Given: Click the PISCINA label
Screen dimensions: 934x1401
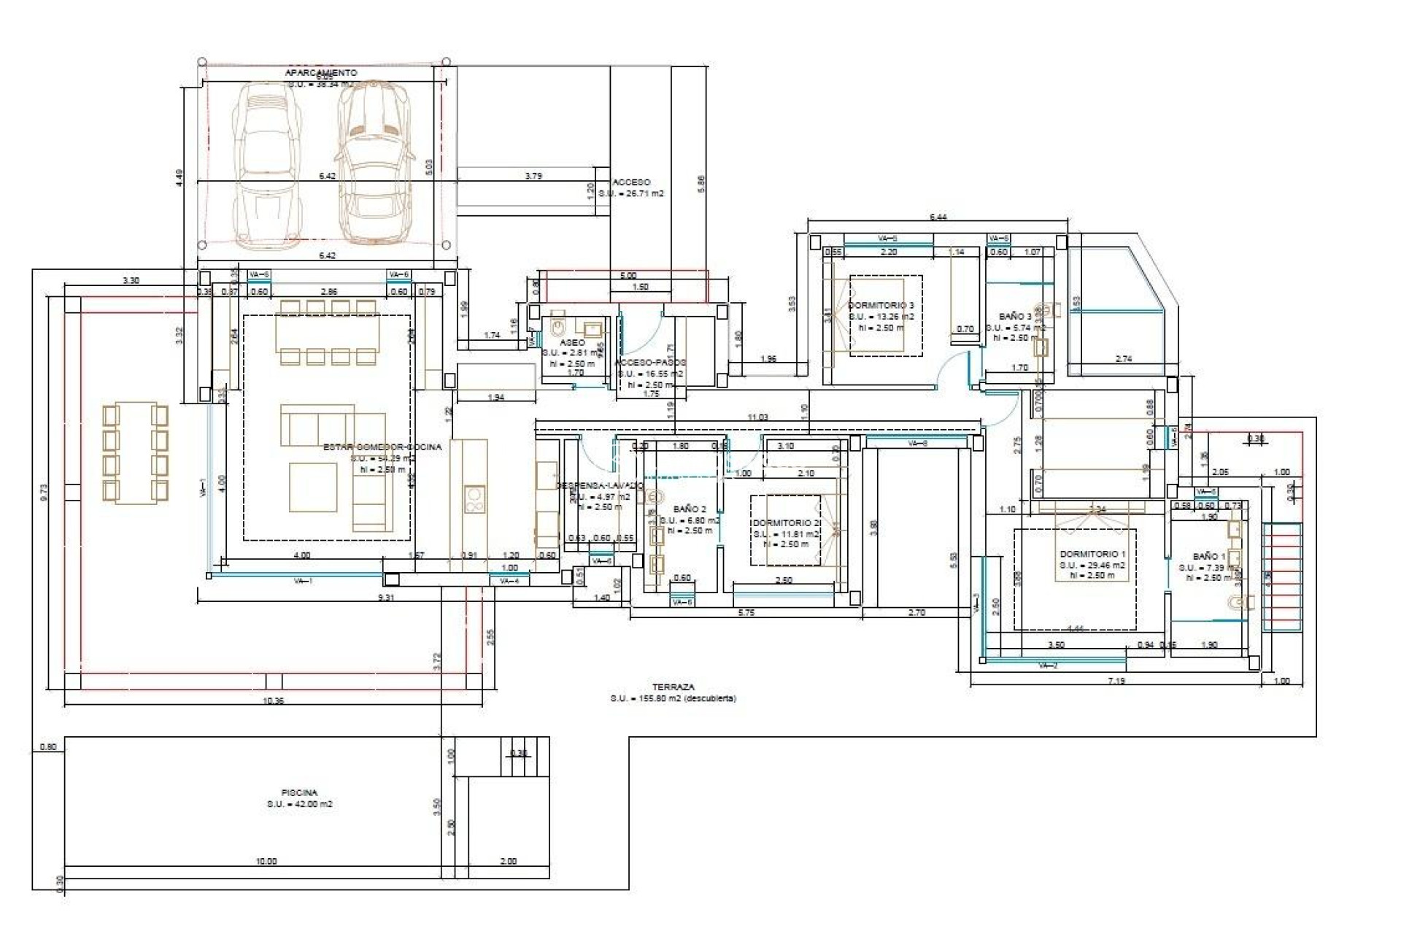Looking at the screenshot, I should [x=299, y=792].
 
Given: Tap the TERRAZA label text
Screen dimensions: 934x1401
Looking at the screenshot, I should [x=673, y=687].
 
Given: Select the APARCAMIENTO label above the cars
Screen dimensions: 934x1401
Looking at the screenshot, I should [x=321, y=73].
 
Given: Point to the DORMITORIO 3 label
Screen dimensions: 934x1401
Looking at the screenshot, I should [x=881, y=305].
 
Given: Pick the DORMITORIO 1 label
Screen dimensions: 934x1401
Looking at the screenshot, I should [x=1092, y=554].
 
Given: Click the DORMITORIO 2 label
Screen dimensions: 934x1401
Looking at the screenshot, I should [x=787, y=522].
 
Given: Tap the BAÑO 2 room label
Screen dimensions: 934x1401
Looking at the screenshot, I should [x=690, y=509].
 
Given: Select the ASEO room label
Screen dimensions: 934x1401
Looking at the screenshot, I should [x=572, y=342].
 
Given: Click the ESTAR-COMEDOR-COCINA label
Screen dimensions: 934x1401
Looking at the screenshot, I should [x=382, y=447].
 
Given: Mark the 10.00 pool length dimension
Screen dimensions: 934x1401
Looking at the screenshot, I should [x=266, y=861].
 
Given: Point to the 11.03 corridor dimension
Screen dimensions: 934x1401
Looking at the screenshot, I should [x=757, y=417].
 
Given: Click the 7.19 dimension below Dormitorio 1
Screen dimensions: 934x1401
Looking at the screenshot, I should [x=1116, y=681].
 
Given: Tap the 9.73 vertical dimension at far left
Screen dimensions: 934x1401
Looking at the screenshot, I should [x=44, y=493].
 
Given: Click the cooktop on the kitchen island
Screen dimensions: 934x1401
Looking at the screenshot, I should [x=474, y=500].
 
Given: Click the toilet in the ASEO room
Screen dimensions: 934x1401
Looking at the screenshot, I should [x=559, y=323].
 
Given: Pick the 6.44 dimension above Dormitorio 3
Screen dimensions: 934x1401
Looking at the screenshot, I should [x=938, y=217].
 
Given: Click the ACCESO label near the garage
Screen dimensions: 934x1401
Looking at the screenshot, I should [x=631, y=182].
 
